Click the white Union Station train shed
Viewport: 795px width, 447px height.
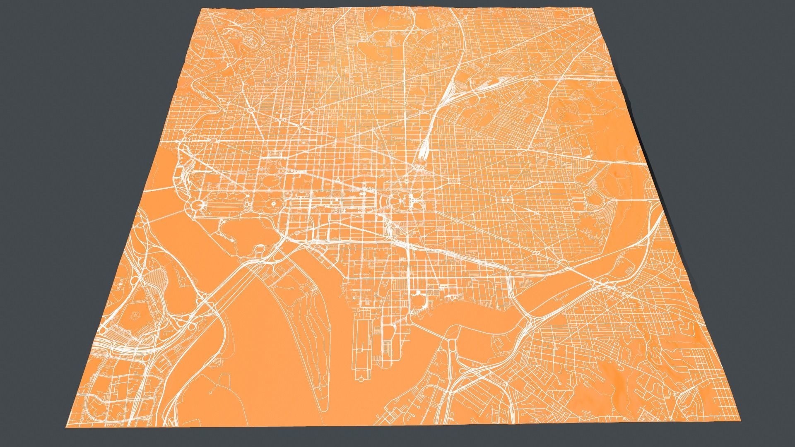[x=423, y=149]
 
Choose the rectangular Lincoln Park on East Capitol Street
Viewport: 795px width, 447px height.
[x=507, y=199]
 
